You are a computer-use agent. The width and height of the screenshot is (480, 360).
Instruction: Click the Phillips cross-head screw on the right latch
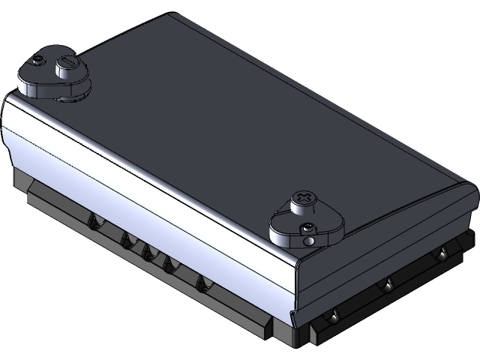[304, 198]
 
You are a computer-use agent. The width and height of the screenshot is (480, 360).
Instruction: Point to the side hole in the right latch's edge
[308, 241]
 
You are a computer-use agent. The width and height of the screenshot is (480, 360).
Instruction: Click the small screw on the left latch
[37, 59]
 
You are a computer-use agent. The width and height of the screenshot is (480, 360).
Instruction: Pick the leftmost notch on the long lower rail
[94, 223]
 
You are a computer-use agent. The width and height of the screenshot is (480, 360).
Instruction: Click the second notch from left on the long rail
[126, 240]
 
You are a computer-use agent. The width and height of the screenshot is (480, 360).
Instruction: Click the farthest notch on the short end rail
[443, 256]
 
